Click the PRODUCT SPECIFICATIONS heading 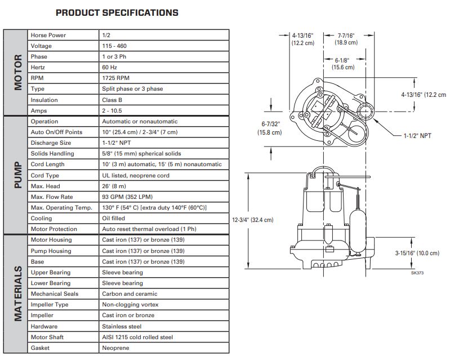point(117,12)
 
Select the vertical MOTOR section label point(18,72)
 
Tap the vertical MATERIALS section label point(18,294)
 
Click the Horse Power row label point(48,35)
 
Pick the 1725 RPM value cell point(115,78)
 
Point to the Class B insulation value point(112,100)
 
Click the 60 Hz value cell point(109,68)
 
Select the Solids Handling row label point(52,154)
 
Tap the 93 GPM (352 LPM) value point(127,197)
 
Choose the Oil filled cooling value point(113,218)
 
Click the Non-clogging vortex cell point(130,305)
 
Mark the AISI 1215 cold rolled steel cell point(137,337)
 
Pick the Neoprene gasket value point(115,348)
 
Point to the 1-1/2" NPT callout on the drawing point(417,136)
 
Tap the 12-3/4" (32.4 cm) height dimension point(252,220)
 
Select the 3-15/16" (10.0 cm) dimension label point(417,253)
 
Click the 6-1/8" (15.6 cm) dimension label point(343,64)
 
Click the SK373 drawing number point(417,273)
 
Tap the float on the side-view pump point(358,231)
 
